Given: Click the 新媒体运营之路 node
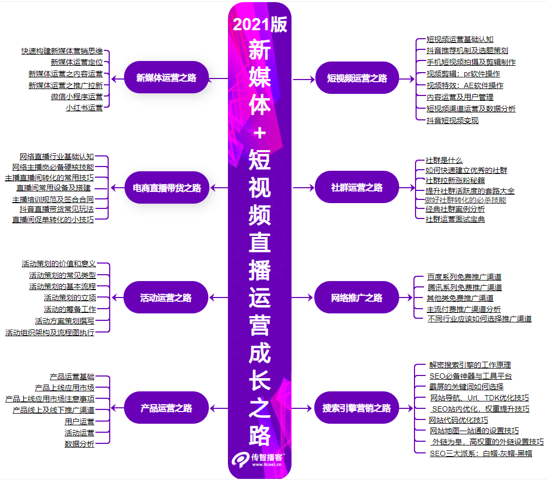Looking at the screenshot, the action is click(166, 78).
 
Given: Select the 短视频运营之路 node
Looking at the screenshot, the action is click(357, 78).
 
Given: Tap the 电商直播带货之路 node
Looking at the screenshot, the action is click(167, 188).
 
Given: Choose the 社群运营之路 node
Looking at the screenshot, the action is click(357, 188).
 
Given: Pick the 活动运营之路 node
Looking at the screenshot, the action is click(166, 298).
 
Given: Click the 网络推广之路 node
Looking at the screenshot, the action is click(357, 298).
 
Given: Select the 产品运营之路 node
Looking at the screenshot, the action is click(166, 408).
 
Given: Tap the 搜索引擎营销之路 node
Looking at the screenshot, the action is click(357, 408).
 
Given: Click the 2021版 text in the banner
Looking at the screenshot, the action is click(260, 24).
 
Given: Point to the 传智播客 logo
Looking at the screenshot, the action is click(260, 459).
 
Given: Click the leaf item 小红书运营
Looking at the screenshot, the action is click(84, 108).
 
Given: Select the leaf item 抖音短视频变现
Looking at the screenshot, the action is click(453, 120).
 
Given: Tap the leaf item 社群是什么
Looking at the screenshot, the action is click(444, 160).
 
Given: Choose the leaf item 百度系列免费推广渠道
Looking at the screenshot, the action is click(464, 277).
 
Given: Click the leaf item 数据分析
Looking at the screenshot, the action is click(80, 444).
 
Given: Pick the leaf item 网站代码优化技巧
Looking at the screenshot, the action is click(458, 420).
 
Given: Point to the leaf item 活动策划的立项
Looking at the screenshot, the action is click(70, 298).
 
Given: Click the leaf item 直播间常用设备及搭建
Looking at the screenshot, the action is click(54, 188).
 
